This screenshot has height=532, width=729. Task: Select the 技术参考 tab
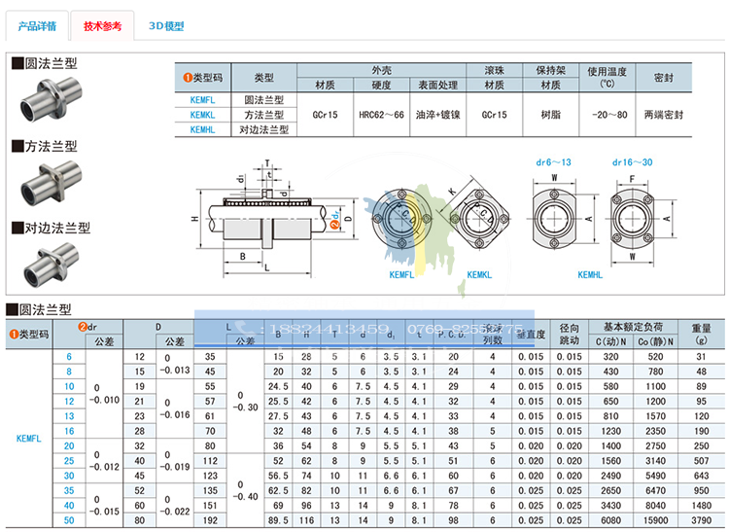(103, 27)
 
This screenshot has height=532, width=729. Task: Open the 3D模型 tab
(166, 27)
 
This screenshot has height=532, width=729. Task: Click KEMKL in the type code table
(203, 114)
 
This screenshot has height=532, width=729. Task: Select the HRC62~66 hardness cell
(380, 114)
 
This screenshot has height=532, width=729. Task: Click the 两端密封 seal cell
(664, 114)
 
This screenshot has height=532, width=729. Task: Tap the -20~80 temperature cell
(607, 114)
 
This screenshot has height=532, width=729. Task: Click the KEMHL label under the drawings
(592, 275)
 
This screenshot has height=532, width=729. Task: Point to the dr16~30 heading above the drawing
(633, 162)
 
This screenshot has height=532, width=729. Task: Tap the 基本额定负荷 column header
(630, 326)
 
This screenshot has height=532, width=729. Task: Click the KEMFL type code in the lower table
(28, 439)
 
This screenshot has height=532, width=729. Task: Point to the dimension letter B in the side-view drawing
(240, 255)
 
